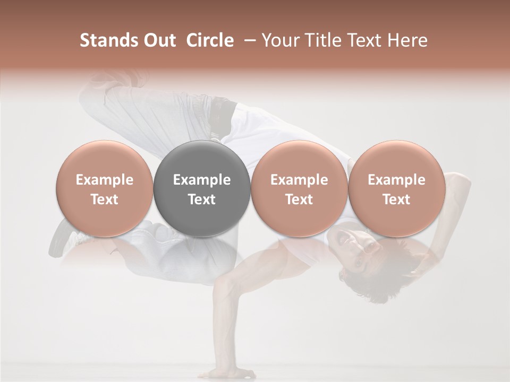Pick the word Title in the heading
point(318,40)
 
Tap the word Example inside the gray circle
point(201,180)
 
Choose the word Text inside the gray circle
point(201,199)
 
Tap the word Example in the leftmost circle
point(104,180)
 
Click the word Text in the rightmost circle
point(396,199)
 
